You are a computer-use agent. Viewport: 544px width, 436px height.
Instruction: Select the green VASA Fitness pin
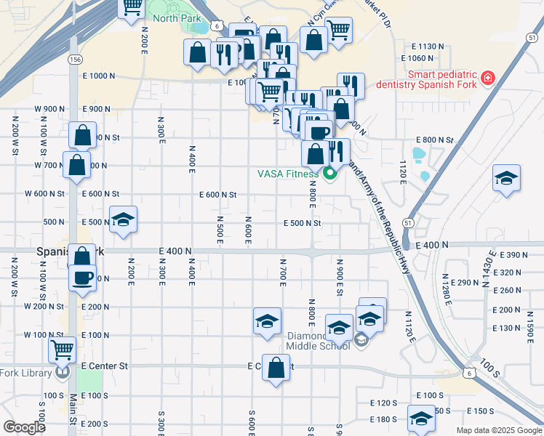pos(329,174)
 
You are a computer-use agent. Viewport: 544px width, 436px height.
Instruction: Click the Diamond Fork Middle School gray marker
pos(361,339)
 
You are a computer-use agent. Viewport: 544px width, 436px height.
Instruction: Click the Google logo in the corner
pos(24,427)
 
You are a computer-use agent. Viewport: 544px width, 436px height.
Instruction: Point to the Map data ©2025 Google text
pos(498,430)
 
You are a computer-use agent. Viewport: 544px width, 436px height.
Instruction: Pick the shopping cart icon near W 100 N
pos(62,350)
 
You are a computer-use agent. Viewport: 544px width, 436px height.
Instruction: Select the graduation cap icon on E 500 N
pos(124,221)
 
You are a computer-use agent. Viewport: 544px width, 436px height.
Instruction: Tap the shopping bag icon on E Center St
pos(276,368)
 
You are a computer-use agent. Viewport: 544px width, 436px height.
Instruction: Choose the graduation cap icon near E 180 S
pos(420,419)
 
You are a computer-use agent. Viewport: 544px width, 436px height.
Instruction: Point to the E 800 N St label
pos(434,140)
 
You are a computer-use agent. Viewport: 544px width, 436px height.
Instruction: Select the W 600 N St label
pos(45,194)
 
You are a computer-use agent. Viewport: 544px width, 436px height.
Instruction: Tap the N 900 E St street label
pos(339,277)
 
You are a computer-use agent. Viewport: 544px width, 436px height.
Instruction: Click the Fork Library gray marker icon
pos(63,373)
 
